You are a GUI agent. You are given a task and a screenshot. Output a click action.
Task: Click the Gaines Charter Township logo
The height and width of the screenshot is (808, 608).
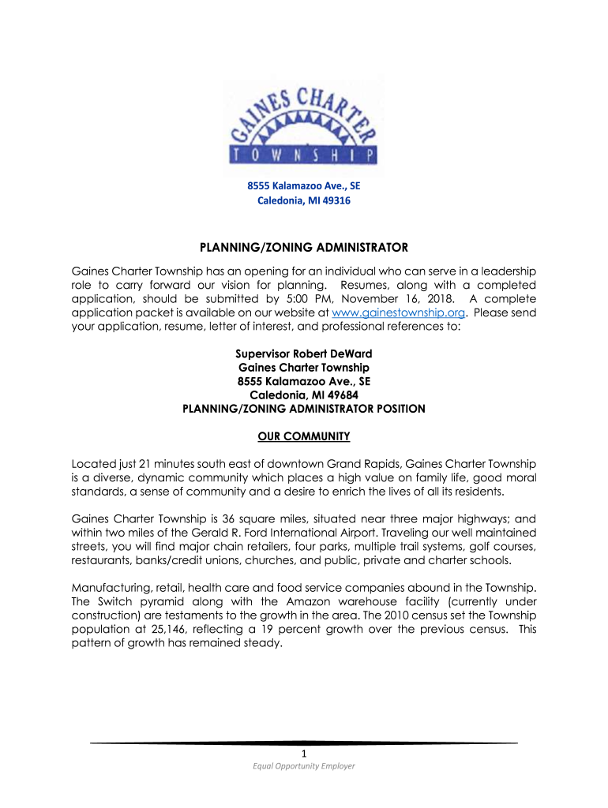point(304,126)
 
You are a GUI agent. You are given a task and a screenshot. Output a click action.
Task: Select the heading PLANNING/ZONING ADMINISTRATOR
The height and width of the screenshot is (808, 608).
point(304,248)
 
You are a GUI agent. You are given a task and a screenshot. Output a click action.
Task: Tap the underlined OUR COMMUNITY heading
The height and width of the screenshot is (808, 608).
point(304,436)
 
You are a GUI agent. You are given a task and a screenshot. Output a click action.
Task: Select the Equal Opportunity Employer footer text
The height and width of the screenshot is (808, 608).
point(304,766)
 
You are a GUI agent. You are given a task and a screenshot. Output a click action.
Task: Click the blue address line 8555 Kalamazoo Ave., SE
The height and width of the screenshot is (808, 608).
point(304,186)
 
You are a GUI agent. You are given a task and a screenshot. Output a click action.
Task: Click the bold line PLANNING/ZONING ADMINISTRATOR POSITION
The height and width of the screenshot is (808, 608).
point(304,409)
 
